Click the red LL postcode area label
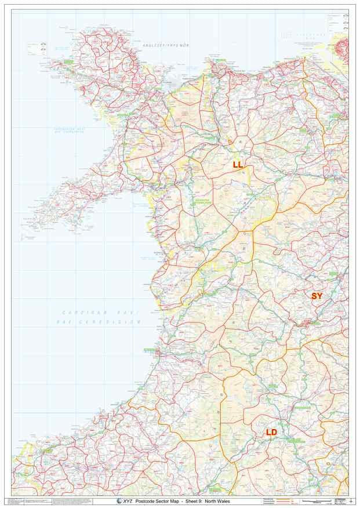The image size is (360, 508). coord(238,165)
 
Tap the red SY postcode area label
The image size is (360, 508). coord(317,296)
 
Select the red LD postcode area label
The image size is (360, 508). coord(271,432)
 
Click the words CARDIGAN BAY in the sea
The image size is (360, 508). coord(101,312)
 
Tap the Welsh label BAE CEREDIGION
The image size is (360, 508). coord(101,321)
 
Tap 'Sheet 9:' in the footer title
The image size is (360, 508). coord(193,501)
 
